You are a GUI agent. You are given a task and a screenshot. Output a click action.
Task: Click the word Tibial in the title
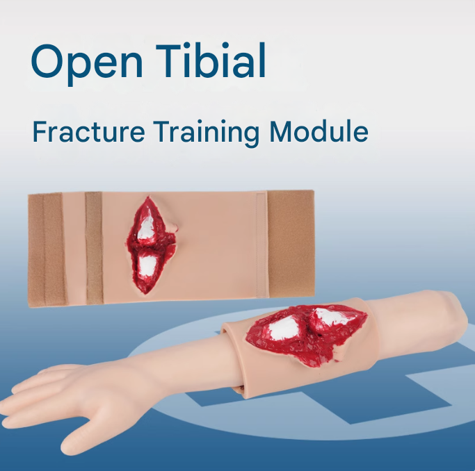(211, 60)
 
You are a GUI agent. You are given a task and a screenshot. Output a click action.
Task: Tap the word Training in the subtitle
(206, 133)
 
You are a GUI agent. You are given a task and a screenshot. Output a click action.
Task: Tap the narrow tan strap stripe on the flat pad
(94, 248)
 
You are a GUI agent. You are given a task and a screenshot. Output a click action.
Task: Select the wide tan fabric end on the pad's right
(291, 244)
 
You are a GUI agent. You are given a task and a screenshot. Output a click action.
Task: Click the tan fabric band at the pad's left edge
(46, 250)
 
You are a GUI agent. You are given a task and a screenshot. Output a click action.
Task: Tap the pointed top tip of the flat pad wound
(148, 197)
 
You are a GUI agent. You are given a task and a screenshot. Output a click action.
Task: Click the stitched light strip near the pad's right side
(261, 245)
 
